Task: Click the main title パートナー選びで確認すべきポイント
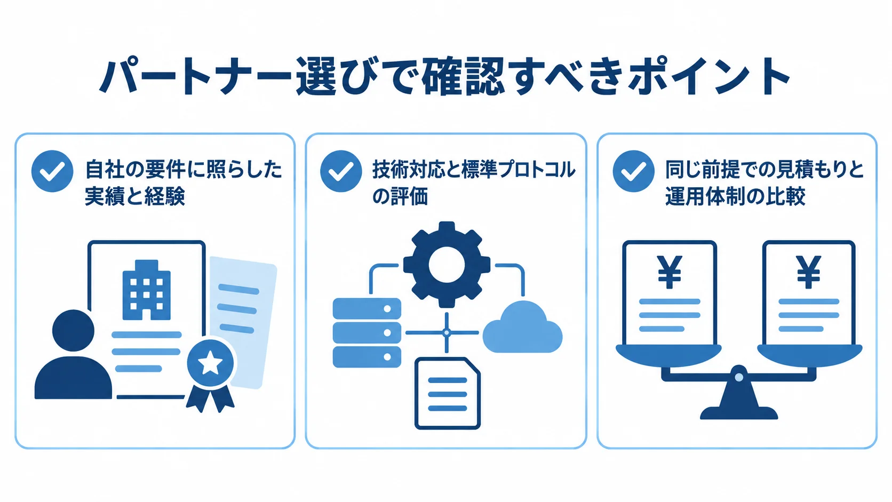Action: point(444,76)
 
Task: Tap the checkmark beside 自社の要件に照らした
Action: point(52,171)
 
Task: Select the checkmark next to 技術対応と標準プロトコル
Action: point(341,171)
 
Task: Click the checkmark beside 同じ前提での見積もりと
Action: point(634,171)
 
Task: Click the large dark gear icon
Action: point(447,265)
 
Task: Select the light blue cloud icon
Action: point(522,327)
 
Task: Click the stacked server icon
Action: point(367,332)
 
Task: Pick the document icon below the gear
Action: point(447,393)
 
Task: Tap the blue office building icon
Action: point(147,290)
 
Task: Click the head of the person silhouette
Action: point(73,330)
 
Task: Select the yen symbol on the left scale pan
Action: point(670,272)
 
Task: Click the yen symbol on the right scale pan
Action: point(808,272)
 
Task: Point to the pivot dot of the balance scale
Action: point(739,377)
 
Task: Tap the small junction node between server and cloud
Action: point(447,332)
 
